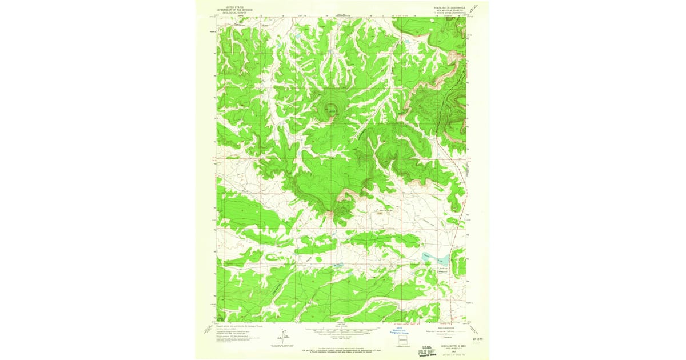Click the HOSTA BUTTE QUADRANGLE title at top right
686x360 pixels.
[448, 7]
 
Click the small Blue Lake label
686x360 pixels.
[337, 264]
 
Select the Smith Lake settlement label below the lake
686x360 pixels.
[442, 269]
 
